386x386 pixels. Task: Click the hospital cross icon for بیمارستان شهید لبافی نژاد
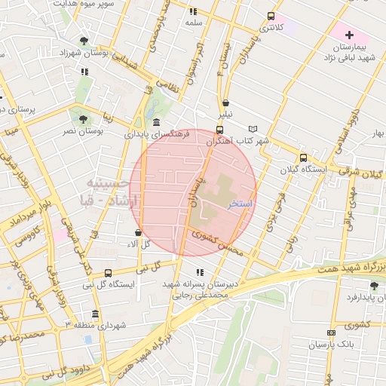348,35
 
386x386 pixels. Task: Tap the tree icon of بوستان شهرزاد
82,41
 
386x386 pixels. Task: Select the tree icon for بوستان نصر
82,118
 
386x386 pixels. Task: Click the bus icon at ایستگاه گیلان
303,158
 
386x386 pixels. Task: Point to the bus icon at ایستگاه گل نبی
108,273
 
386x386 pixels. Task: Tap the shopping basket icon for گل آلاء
137,232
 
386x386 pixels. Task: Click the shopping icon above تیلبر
225,103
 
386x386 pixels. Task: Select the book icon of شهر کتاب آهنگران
253,129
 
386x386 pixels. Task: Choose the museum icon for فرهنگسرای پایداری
155,122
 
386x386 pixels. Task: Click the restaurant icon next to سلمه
192,11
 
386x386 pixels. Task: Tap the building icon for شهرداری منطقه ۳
94,314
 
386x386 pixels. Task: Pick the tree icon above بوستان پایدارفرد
374,285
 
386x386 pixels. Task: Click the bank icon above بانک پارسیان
330,332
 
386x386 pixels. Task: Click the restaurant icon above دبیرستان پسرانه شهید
199,272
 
